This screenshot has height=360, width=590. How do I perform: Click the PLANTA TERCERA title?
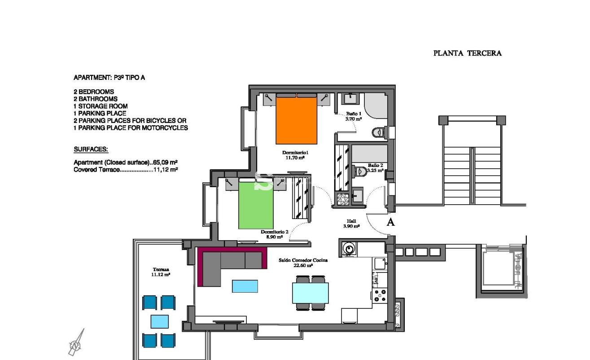tap(467, 53)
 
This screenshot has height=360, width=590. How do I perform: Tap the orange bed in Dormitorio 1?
tap(297, 119)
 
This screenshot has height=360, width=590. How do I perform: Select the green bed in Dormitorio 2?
tap(256, 204)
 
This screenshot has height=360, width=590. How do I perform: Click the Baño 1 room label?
tap(354, 116)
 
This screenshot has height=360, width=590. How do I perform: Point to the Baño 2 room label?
tap(375, 168)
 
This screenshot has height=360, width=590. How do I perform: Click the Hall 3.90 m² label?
tap(351, 224)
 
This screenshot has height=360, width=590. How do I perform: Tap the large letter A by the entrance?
tap(391, 222)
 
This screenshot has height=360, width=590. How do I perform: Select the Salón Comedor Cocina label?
tap(303, 263)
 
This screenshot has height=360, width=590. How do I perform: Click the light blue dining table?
tap(310, 293)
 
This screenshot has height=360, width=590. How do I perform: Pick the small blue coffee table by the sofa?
tap(245, 286)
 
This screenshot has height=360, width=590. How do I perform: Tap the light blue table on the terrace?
tap(159, 321)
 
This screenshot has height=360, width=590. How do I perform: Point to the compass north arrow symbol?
tap(76, 343)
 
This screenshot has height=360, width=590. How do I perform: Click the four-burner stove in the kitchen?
tap(380, 294)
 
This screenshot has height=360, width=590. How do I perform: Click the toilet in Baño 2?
tap(360, 171)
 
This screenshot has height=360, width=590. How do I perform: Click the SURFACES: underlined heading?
tap(91, 149)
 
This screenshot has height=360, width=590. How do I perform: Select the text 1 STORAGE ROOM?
tap(101, 106)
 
